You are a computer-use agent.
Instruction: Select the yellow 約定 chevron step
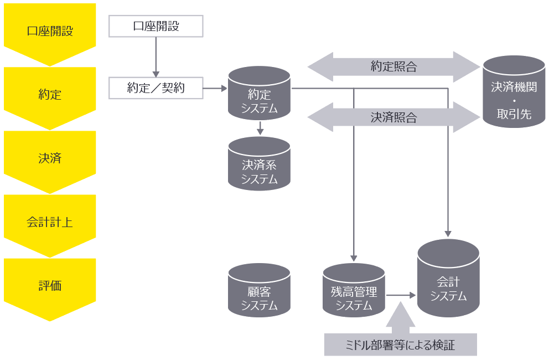click(x=50, y=95)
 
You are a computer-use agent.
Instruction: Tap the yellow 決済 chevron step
click(x=50, y=158)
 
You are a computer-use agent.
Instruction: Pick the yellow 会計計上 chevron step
click(x=50, y=223)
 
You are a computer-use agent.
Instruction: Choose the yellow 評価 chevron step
click(x=50, y=286)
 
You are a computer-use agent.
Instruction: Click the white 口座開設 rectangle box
click(x=156, y=26)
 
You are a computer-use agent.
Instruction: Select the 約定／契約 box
click(x=156, y=88)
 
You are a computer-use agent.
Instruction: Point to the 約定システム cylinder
click(x=259, y=93)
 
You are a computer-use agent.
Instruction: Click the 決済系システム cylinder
click(x=259, y=164)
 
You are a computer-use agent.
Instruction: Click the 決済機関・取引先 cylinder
click(x=514, y=92)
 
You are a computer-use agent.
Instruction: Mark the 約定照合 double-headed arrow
click(x=393, y=68)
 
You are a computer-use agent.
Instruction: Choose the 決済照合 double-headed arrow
click(x=393, y=117)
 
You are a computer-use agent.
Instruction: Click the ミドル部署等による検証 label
click(x=400, y=344)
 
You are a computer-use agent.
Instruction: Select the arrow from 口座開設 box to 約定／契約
click(x=156, y=57)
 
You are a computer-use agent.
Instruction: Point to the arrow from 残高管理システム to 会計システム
click(x=401, y=296)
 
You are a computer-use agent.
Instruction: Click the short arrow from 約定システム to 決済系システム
click(x=260, y=128)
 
